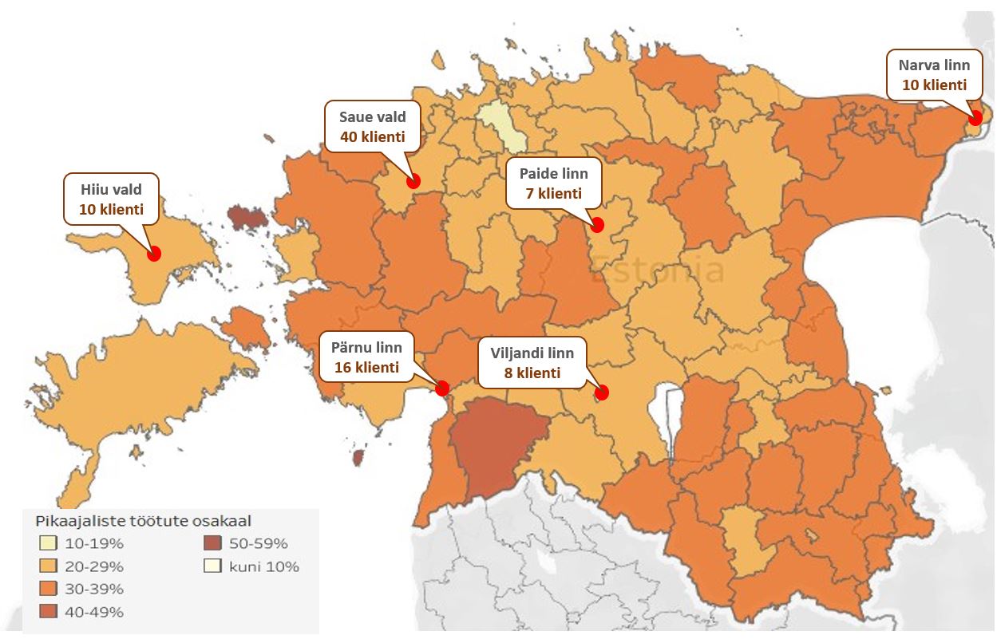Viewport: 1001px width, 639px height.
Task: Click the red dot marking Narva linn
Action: pyautogui.click(x=975, y=118)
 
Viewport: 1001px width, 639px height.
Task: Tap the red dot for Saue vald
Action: pyautogui.click(x=413, y=181)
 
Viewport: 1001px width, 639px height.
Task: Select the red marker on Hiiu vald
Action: pyautogui.click(x=154, y=253)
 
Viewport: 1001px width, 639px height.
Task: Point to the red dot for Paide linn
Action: pyautogui.click(x=596, y=225)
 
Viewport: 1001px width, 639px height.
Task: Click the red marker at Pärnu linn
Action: pyautogui.click(x=441, y=388)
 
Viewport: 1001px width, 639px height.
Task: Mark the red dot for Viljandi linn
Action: pyautogui.click(x=602, y=392)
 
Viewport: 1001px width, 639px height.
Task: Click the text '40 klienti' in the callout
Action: pyautogui.click(x=372, y=136)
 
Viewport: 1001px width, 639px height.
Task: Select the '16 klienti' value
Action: pyautogui.click(x=366, y=367)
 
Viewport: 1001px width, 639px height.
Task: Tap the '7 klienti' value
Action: pyautogui.click(x=553, y=193)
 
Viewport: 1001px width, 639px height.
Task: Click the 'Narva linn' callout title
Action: pyautogui.click(x=934, y=65)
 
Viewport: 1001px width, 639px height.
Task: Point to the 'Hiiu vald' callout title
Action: pyautogui.click(x=111, y=190)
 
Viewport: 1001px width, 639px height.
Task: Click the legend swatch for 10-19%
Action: pyautogui.click(x=49, y=544)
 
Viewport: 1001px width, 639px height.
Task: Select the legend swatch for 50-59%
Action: pyautogui.click(x=213, y=544)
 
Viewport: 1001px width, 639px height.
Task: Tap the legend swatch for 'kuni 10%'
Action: pyautogui.click(x=213, y=566)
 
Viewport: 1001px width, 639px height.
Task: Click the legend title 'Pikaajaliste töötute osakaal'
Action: pyautogui.click(x=144, y=521)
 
